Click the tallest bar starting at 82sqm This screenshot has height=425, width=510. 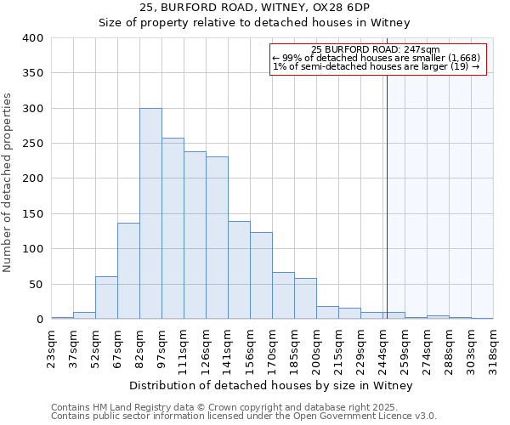coord(150,213)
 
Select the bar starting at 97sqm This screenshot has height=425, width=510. coord(173,229)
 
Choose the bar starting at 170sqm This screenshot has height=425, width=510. coord(283,296)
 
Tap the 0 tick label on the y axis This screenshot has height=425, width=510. coord(38,320)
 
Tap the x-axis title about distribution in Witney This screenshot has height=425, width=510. coord(270,386)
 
